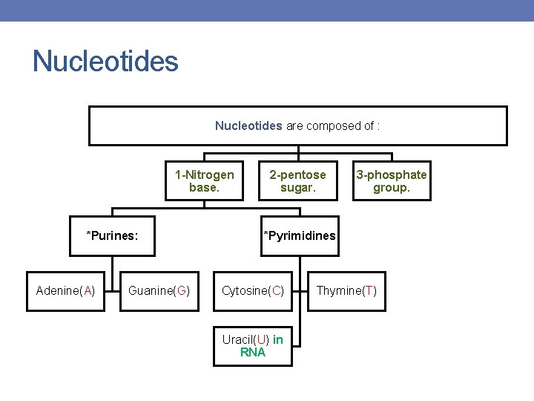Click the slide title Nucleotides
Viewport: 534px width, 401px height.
[x=105, y=61]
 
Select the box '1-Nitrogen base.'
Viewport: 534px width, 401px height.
[x=204, y=181]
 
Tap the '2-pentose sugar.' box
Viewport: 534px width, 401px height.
[x=297, y=181]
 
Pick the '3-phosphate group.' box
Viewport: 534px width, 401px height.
[x=391, y=181]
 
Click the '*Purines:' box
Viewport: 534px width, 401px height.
[x=112, y=236]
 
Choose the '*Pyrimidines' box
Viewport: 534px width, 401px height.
[x=299, y=236]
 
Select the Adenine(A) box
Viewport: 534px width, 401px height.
[x=65, y=290]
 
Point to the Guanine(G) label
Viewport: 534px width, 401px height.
[x=159, y=290]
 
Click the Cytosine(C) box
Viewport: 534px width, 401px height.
[x=253, y=290]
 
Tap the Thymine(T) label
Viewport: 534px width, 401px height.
[x=346, y=290]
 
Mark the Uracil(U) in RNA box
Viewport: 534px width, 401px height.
[x=253, y=346]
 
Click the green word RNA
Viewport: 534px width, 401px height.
[x=253, y=353]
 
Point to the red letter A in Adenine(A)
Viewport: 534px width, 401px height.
[x=88, y=290]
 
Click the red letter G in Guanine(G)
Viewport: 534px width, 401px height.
[x=181, y=290]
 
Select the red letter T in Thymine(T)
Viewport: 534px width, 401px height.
[x=369, y=290]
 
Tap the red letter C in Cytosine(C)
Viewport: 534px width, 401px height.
[x=276, y=290]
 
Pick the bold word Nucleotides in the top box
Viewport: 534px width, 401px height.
[x=248, y=126]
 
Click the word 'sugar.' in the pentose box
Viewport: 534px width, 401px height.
[x=297, y=188]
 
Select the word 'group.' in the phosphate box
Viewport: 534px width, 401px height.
[x=391, y=188]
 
